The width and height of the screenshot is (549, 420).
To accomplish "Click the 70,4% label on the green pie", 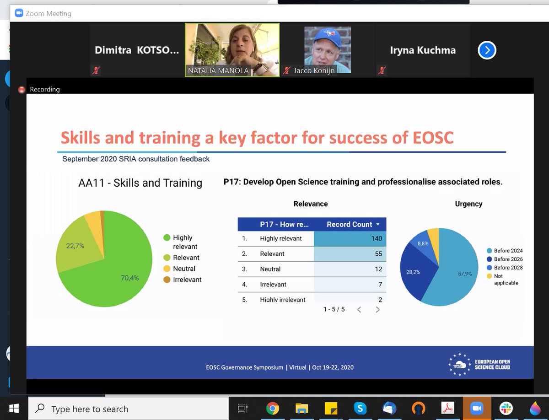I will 130,278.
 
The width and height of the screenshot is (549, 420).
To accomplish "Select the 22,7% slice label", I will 75,246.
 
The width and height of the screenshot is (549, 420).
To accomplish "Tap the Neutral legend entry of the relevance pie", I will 184,269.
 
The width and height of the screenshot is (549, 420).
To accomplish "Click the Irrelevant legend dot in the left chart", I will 167,280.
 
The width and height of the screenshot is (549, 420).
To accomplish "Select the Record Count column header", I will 350,224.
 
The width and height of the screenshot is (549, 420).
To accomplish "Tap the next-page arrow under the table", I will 377,310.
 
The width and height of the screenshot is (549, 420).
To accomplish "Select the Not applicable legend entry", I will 505,280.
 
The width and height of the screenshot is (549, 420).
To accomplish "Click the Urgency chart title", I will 468,204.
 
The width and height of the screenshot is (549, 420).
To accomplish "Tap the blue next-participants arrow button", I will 487,50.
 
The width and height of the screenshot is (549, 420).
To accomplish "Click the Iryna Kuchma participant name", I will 422,50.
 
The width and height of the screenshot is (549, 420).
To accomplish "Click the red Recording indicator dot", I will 22,90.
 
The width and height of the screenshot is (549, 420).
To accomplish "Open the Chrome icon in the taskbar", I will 273,409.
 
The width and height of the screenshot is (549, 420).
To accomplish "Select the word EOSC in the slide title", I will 429,137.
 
